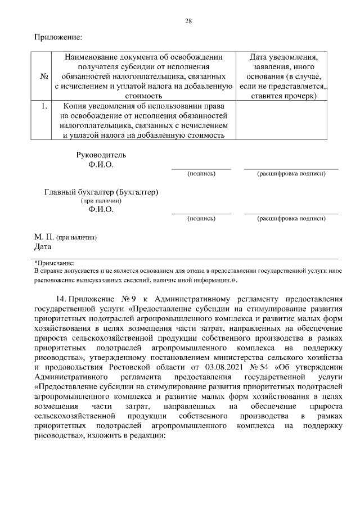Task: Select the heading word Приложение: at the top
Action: [58, 38]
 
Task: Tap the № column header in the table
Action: [43, 76]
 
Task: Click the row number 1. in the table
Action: [43, 105]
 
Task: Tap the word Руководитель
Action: [101, 155]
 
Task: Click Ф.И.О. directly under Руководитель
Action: [101, 165]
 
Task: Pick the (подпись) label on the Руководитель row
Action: [201, 174]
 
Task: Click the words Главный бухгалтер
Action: [80, 192]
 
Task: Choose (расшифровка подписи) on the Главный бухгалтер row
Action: [291, 218]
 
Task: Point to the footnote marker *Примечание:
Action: [54, 263]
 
